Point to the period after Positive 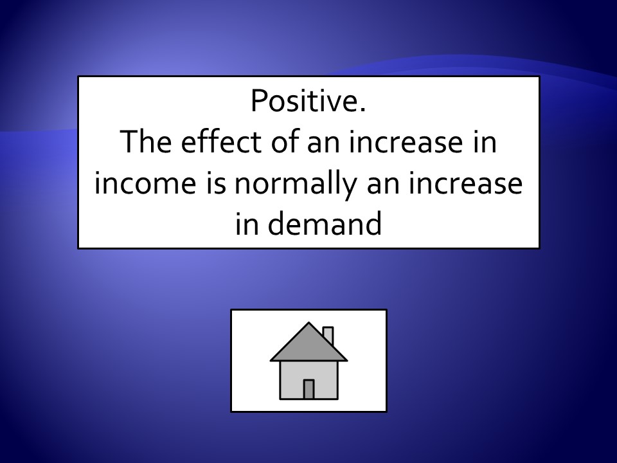[362, 111]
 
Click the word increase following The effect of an [406, 143]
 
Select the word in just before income [485, 143]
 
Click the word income [145, 183]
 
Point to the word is [216, 183]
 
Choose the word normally [296, 186]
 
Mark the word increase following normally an [465, 183]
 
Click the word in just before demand [247, 224]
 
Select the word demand [325, 223]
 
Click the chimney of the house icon [328, 334]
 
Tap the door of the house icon [309, 390]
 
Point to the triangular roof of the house [309, 347]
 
